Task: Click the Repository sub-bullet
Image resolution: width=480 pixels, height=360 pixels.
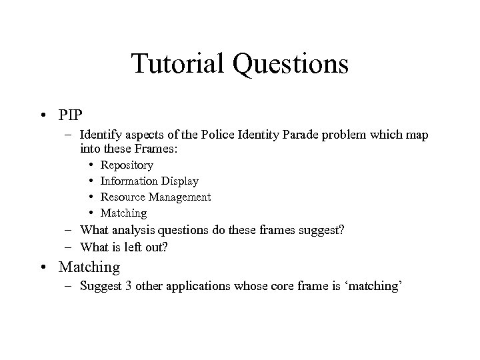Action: pos(127,165)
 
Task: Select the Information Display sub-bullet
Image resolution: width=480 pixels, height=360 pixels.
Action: pos(149,181)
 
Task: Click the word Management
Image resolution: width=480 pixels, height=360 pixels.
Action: pos(179,197)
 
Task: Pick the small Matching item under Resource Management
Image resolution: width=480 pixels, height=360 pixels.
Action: pos(123,213)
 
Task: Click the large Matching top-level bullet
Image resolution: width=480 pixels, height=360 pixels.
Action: pos(89,267)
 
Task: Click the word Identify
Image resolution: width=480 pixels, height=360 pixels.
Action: pos(99,135)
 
